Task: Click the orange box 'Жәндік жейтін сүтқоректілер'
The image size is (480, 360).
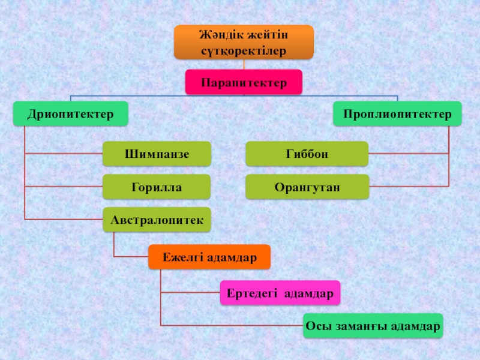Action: point(244,42)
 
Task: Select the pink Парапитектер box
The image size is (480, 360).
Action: point(244,82)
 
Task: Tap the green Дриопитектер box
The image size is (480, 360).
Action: point(71,113)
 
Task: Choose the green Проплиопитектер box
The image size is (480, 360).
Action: point(397,113)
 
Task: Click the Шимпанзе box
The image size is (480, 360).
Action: point(157,154)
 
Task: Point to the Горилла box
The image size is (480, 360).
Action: point(157,187)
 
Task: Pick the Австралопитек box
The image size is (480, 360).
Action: point(157,220)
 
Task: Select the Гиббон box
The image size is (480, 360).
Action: point(307,154)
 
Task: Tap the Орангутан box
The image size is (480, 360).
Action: point(307,187)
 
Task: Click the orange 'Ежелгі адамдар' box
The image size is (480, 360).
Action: point(209,257)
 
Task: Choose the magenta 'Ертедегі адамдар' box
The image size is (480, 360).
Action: point(280,293)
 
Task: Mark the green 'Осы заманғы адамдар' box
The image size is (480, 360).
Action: point(373,326)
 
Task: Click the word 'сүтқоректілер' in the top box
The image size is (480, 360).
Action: point(244,50)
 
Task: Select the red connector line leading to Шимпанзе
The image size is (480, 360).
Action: point(63,154)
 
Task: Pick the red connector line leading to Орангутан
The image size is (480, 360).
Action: point(409,187)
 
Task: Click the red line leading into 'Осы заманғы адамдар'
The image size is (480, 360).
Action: point(232,326)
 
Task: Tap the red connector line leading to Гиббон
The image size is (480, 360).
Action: point(409,154)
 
